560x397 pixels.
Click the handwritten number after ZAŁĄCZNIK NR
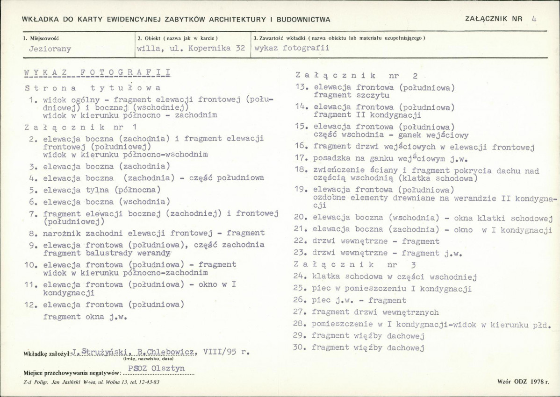534,19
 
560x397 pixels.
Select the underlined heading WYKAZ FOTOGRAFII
97,73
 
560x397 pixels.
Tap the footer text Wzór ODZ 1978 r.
523,382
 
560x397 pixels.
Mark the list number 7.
33,214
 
